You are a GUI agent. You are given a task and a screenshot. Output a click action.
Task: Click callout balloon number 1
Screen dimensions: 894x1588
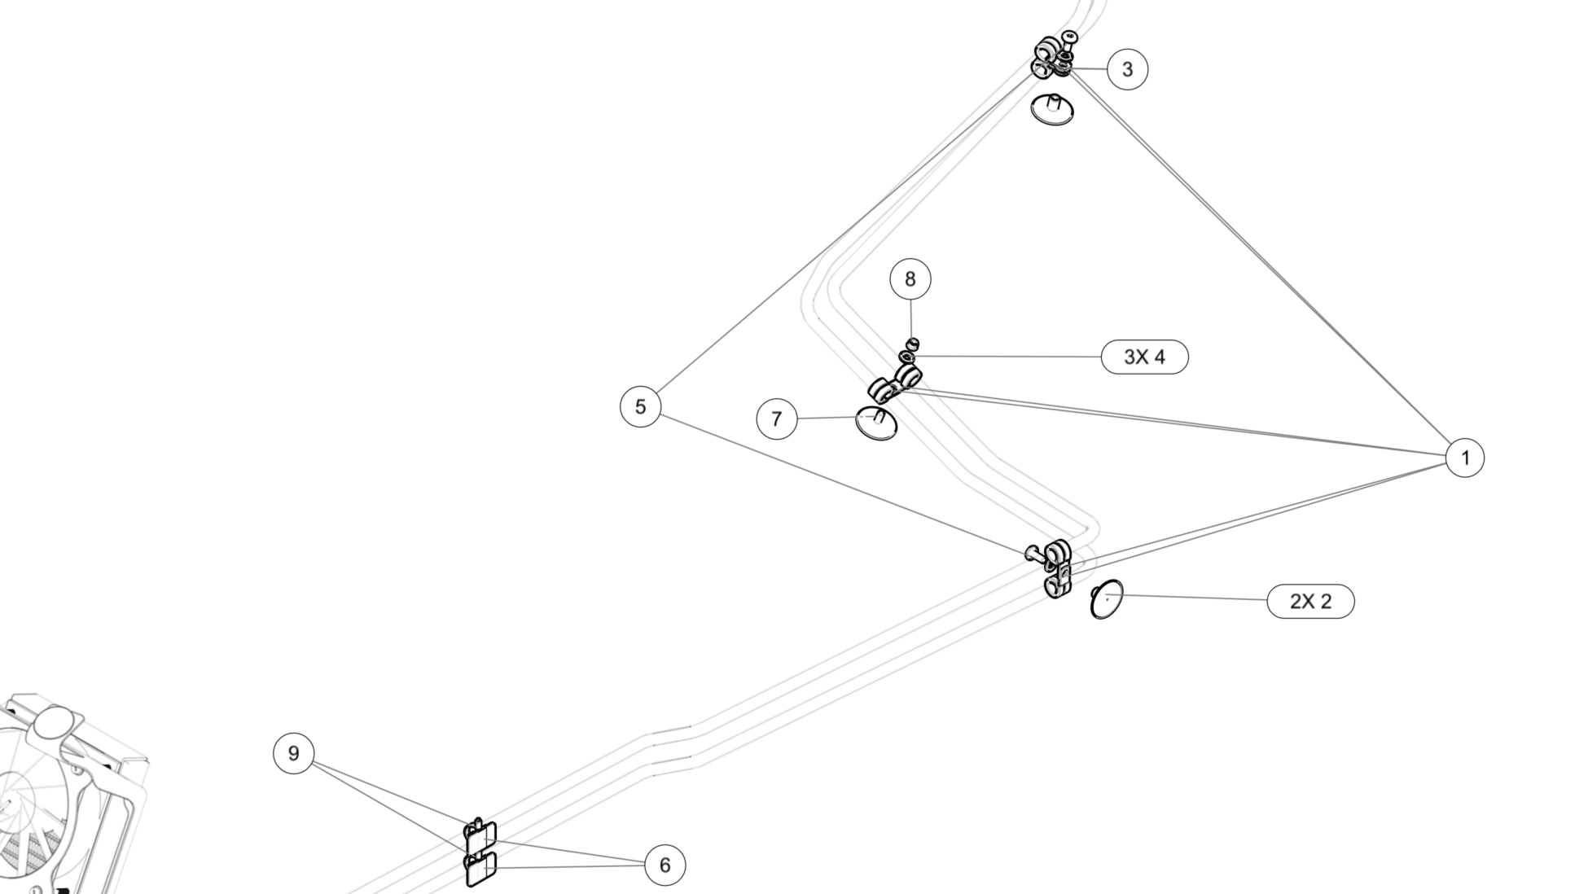(1464, 458)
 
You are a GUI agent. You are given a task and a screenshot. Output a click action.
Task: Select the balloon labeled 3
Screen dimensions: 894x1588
(1127, 69)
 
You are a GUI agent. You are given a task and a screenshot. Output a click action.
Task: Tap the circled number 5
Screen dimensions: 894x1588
(640, 406)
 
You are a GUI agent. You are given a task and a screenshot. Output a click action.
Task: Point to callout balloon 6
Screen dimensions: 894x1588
(665, 865)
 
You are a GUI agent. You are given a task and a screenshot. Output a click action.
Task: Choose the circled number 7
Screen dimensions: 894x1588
(776, 419)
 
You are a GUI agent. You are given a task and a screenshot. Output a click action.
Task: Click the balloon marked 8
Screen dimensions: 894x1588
(910, 279)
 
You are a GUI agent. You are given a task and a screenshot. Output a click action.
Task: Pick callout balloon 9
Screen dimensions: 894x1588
(293, 753)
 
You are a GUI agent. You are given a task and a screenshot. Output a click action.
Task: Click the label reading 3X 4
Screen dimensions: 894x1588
(1144, 357)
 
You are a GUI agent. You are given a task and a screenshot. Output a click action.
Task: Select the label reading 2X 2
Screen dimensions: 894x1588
(1309, 602)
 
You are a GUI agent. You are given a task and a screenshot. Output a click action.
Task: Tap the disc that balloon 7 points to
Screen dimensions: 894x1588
(876, 424)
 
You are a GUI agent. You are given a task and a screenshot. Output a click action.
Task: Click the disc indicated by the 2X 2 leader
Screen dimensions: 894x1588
(1107, 599)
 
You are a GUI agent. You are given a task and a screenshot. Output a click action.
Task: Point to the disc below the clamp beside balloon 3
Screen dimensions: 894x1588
(1052, 110)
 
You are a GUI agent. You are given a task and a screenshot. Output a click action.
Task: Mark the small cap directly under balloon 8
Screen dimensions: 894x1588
(913, 343)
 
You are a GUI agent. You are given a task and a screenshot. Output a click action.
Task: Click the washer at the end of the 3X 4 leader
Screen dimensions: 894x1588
(906, 357)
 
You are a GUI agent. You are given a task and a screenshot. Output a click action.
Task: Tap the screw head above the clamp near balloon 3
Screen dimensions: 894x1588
(1069, 37)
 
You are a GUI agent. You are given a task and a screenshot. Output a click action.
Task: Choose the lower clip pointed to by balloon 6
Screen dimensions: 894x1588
(480, 870)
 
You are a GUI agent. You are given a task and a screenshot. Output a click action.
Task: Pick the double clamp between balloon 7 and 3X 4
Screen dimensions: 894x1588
(894, 383)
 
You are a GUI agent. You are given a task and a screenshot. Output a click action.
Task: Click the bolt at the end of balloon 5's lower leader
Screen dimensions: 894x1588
(1033, 554)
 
